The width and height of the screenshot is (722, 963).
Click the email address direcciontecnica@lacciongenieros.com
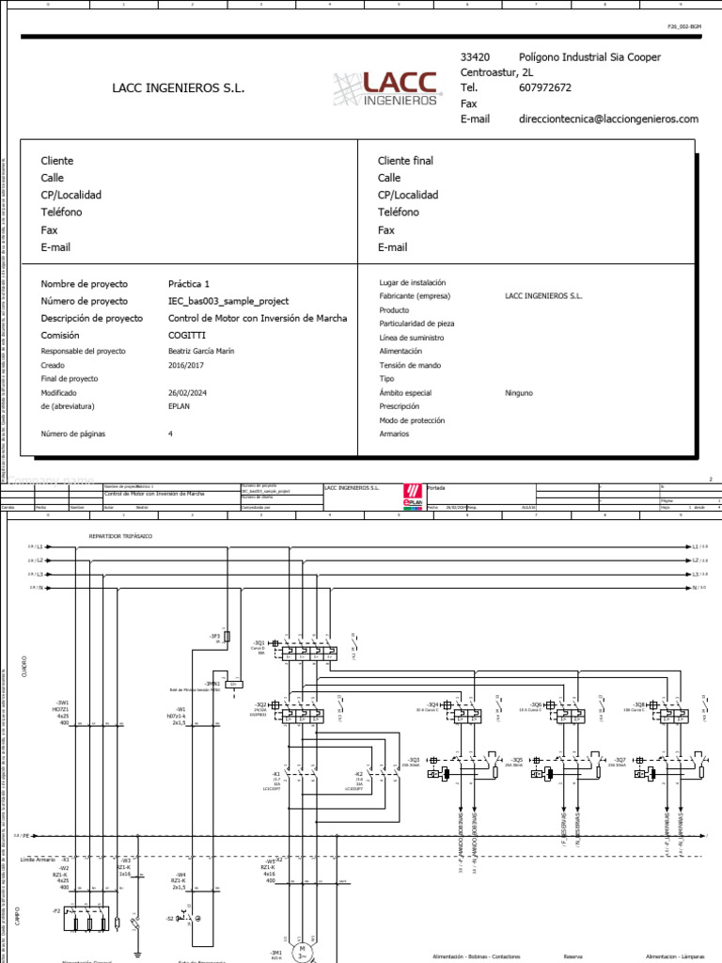click(608, 119)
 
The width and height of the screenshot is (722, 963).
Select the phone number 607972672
click(545, 88)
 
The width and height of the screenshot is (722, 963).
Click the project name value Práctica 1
click(189, 284)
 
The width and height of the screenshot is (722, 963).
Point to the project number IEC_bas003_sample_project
click(228, 301)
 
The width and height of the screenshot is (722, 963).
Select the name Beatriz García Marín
click(201, 352)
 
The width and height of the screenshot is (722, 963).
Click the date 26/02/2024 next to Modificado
click(187, 392)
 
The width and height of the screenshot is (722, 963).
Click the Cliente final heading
click(405, 161)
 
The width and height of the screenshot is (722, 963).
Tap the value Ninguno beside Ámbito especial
click(519, 392)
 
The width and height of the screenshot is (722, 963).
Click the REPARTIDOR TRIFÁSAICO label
click(120, 536)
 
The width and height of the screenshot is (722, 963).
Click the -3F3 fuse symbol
click(228, 637)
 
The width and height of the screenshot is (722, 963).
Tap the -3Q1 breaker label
click(259, 643)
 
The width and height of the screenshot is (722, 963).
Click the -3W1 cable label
click(63, 703)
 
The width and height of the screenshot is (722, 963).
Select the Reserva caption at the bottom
click(573, 955)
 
